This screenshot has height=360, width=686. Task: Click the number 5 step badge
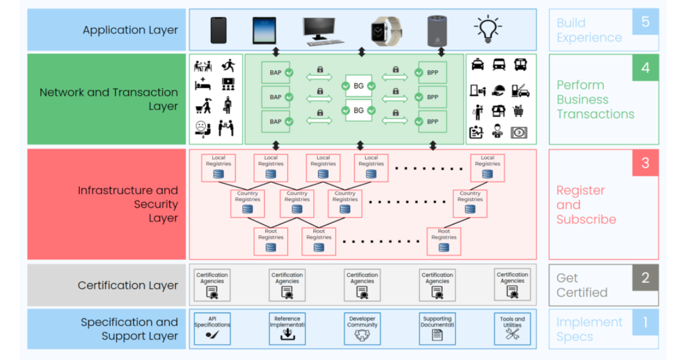pyautogui.click(x=645, y=22)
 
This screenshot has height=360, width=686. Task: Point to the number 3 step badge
pyautogui.click(x=645, y=163)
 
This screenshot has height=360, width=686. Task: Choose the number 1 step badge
pyautogui.click(x=645, y=322)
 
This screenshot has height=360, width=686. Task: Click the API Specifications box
pyautogui.click(x=212, y=329)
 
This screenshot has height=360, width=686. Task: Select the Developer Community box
pyautogui.click(x=362, y=329)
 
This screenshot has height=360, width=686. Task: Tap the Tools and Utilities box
pyautogui.click(x=512, y=329)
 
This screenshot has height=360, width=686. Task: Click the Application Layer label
pyautogui.click(x=130, y=30)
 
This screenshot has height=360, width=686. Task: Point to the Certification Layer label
pyautogui.click(x=128, y=285)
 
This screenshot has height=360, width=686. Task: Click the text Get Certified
pyautogui.click(x=582, y=285)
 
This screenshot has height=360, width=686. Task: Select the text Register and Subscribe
pyautogui.click(x=586, y=205)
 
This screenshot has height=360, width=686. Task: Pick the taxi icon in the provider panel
pyautogui.click(x=477, y=65)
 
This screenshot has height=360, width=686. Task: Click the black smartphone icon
pyautogui.click(x=218, y=30)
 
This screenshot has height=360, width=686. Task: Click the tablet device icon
pyautogui.click(x=264, y=31)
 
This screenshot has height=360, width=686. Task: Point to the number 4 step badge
pyautogui.click(x=645, y=67)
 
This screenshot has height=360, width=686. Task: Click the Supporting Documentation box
pyautogui.click(x=437, y=329)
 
